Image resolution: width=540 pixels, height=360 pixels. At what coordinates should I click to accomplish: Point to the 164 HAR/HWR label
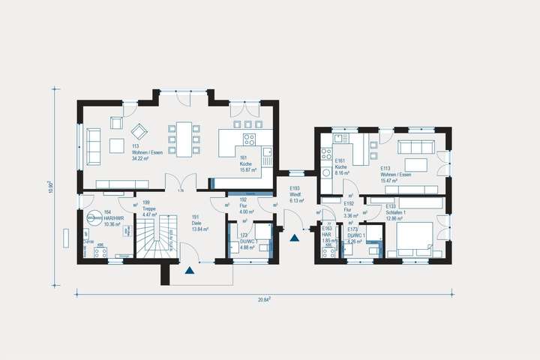coord(112,217)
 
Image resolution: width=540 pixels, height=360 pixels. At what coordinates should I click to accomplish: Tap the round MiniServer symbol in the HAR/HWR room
coord(94,218)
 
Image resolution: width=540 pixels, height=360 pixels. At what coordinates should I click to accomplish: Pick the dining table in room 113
coord(183,138)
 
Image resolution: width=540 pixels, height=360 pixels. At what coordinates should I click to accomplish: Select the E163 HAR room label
coord(328,234)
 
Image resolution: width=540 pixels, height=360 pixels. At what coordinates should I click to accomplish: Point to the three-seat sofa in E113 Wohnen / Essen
coord(415,146)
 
